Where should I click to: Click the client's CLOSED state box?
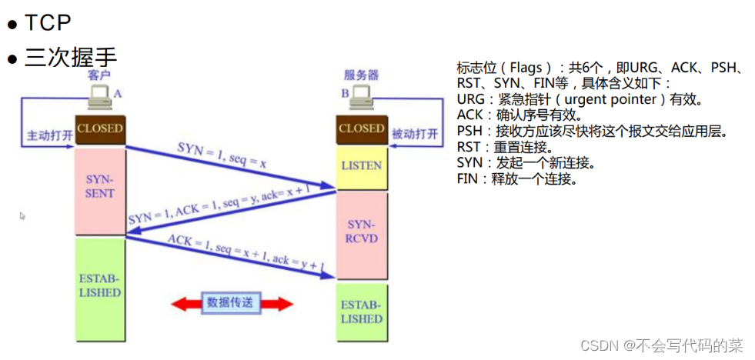point(100,128)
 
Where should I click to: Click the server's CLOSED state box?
point(361,128)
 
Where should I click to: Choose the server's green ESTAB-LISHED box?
point(361,312)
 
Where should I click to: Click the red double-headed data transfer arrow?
point(231,303)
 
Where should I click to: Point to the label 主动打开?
point(48,135)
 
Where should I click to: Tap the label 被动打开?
point(416,135)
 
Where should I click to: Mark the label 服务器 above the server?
point(361,75)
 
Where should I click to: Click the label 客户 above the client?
point(100,75)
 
